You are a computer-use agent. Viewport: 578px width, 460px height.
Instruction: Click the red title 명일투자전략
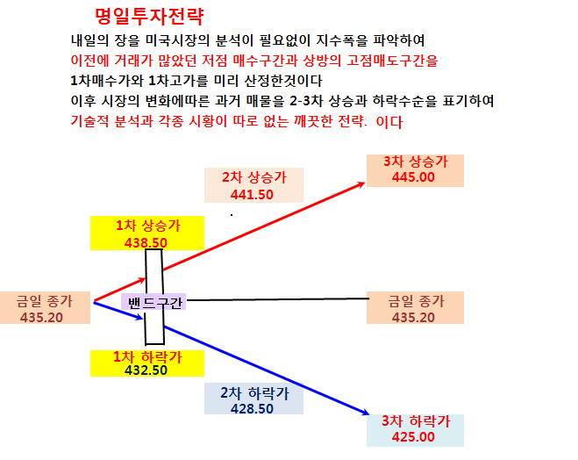tap(149, 17)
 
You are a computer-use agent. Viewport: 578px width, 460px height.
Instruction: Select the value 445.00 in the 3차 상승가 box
tap(413, 177)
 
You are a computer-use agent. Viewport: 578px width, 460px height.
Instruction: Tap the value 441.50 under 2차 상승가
tap(252, 194)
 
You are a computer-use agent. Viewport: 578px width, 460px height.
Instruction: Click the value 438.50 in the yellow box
tap(146, 242)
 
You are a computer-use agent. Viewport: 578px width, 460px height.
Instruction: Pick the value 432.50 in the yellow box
tap(146, 370)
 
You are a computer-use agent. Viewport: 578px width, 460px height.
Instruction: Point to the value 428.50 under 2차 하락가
tap(252, 409)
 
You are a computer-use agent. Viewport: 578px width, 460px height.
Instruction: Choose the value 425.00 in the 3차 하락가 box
tap(413, 437)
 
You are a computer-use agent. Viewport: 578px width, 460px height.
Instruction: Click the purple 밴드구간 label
tap(154, 303)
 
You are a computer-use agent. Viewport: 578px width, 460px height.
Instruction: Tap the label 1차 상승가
tap(148, 226)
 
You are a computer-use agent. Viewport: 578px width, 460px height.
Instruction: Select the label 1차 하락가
tap(147, 356)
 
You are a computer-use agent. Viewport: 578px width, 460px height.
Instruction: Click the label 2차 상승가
tap(254, 177)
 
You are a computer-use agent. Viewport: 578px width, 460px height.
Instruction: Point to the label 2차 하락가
tap(254, 393)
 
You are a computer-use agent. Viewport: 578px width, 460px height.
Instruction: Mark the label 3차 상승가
tap(416, 162)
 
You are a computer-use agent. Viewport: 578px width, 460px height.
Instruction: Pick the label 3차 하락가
tap(416, 420)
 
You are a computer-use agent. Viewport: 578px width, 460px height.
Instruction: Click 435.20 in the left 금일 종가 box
tap(41, 317)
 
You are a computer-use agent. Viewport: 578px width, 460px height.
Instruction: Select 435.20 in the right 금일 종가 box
tap(413, 317)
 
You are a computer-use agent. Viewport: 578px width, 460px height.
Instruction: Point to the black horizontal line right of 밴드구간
tap(277, 299)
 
